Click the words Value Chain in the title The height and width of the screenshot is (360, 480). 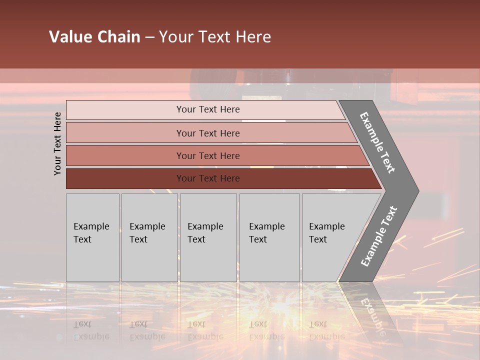pyautogui.click(x=94, y=37)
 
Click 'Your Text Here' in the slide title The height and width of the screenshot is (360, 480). pyautogui.click(x=215, y=37)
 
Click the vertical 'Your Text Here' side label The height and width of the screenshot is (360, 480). pyautogui.click(x=57, y=143)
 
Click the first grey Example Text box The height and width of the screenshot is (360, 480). pyautogui.click(x=92, y=237)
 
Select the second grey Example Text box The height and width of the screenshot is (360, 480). pyautogui.click(x=149, y=237)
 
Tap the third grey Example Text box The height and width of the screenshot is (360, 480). pyautogui.click(x=208, y=237)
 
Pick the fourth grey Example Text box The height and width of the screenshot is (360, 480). pyautogui.click(x=269, y=237)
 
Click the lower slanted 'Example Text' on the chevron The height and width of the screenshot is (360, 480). pyautogui.click(x=378, y=236)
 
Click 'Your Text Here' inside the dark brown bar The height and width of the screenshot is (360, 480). pyautogui.click(x=208, y=178)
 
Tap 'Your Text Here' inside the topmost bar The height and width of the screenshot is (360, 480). pyautogui.click(x=208, y=109)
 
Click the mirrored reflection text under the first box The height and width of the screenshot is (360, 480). pyautogui.click(x=91, y=330)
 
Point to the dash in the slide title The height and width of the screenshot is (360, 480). pyautogui.click(x=149, y=37)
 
